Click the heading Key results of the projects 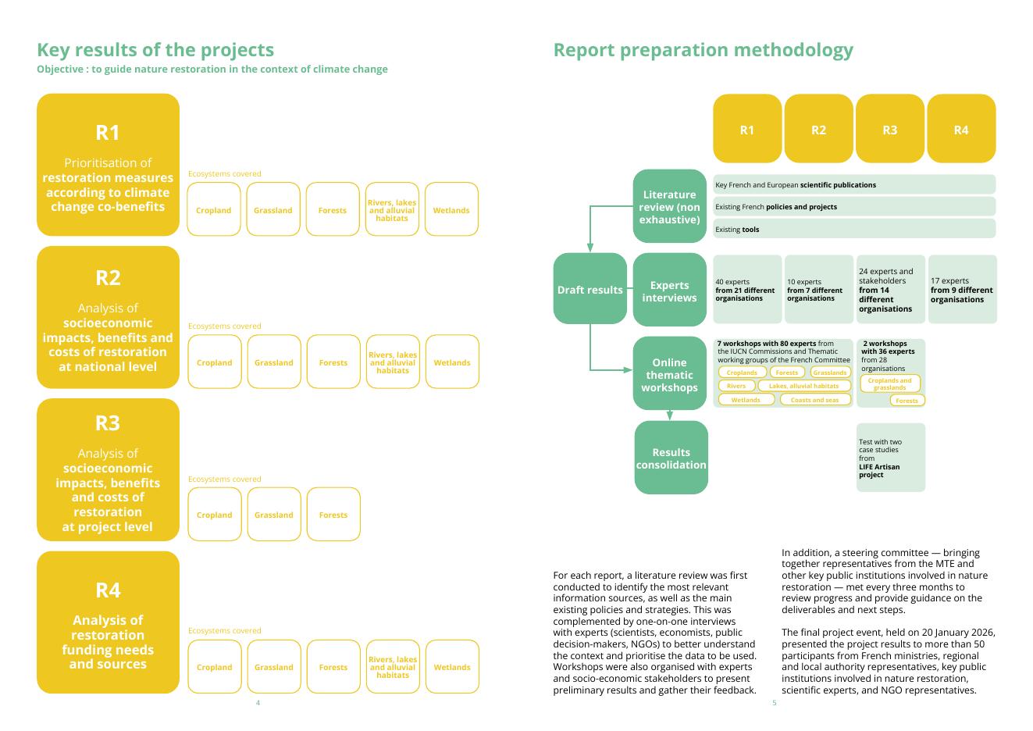coord(155,50)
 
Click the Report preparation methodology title coord(703,50)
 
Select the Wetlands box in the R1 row coord(451,209)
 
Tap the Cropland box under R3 coord(214,515)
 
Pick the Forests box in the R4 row coord(333,667)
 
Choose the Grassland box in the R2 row coord(273,362)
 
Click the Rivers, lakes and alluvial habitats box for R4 coord(393,667)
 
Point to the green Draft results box coord(590,289)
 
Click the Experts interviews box coord(669,291)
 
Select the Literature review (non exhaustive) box coord(669,206)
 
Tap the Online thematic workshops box coord(669,374)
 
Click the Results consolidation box coord(671,458)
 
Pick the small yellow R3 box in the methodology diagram coord(889,130)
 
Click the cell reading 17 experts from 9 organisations coord(961,290)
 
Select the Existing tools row coord(854,229)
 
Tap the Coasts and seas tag coord(814,400)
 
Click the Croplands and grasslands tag coord(889,383)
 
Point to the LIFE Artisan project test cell coord(890,458)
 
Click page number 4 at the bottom coord(258,703)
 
